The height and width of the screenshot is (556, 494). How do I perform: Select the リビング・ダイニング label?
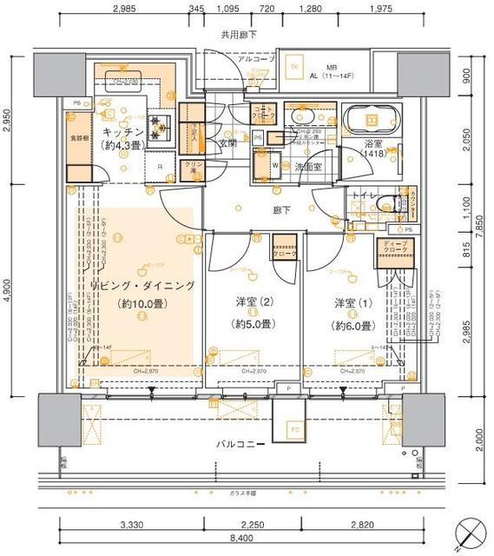coord(142,286)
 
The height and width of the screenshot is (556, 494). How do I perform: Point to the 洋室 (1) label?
coord(354,304)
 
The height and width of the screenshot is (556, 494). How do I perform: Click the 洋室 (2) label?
coord(253,304)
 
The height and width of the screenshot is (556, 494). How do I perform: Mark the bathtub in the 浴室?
coord(372,120)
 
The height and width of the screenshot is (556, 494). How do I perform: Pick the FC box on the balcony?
coord(294,429)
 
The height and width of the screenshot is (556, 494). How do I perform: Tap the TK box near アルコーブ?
coord(294,69)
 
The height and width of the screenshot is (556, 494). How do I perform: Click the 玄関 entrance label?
coord(227,143)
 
